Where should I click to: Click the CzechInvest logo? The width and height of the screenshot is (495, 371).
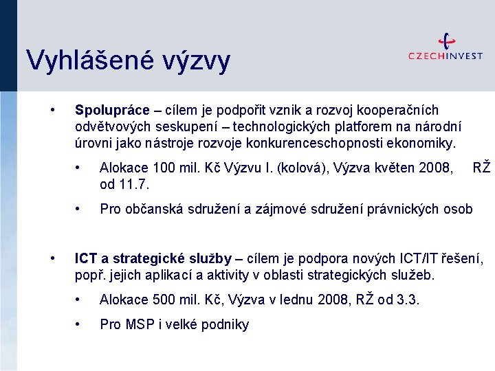click(x=445, y=49)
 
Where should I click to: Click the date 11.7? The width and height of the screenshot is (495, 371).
click(x=135, y=184)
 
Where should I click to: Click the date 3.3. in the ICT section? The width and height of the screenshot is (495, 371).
click(x=406, y=300)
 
